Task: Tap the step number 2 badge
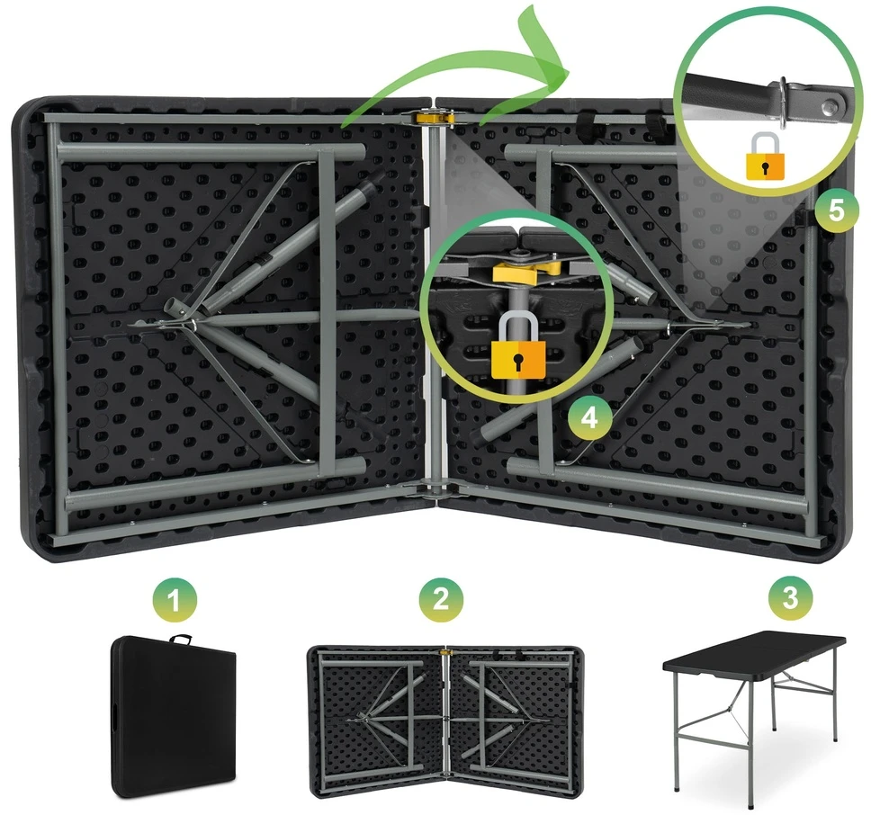[x=441, y=600]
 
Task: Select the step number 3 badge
[x=790, y=598]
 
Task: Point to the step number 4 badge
[x=590, y=417]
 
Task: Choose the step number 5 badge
[x=837, y=211]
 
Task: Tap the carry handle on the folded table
[x=181, y=640]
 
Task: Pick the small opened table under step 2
[x=445, y=721]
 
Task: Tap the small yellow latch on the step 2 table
[x=444, y=650]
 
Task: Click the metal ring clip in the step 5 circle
[x=783, y=103]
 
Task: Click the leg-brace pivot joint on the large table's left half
[x=184, y=325]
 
